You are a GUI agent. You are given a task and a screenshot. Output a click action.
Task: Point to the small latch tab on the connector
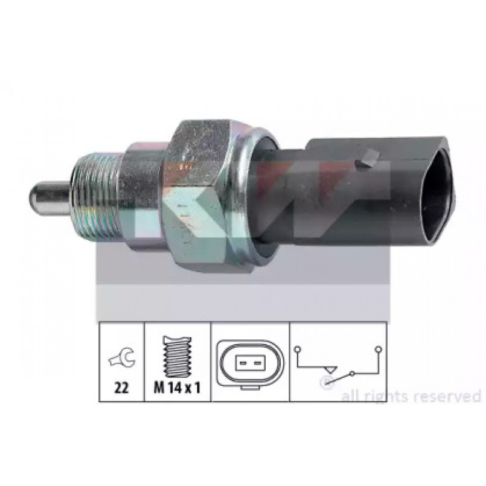[x=369, y=159]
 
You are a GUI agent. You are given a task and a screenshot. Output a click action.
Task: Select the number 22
[x=121, y=387]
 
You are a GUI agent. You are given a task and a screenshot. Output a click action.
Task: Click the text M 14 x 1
[x=177, y=387]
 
